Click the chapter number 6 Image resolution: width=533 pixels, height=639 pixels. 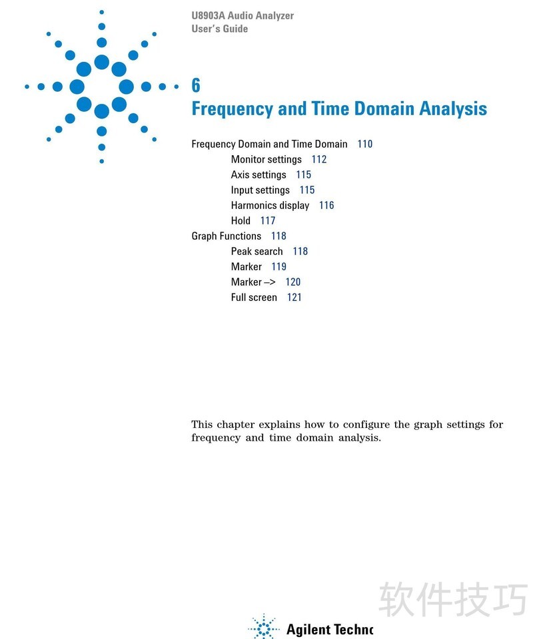[x=196, y=85]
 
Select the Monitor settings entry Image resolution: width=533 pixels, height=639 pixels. [x=266, y=160]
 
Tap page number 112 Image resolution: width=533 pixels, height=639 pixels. [x=319, y=160]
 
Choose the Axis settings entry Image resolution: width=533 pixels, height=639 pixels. [x=259, y=175]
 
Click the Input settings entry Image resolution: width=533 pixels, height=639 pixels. [x=261, y=190]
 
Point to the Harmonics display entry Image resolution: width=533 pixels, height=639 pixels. [x=270, y=206]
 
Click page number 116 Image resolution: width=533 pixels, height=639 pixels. [x=326, y=206]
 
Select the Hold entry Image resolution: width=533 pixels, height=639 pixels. [x=241, y=221]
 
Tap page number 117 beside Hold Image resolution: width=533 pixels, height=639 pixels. [x=268, y=221]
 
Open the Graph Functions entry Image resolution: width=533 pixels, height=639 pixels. [x=227, y=236]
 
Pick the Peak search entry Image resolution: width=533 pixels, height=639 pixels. [x=257, y=252]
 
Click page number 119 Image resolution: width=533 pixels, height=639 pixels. [x=278, y=267]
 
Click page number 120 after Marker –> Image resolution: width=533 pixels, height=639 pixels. [x=293, y=282]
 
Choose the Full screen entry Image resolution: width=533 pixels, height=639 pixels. [x=254, y=298]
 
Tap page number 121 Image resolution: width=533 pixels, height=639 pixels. [x=294, y=298]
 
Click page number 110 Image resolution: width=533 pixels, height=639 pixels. [x=365, y=144]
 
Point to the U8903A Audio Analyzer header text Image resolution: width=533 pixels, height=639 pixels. [x=243, y=15]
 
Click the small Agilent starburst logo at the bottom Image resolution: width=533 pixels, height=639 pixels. [x=265, y=628]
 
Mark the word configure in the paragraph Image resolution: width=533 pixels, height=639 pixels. [x=366, y=425]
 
